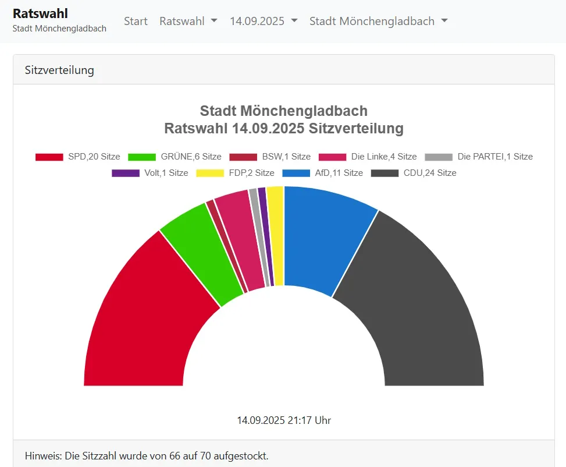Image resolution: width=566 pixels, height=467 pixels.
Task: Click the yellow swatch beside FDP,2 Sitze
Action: (x=210, y=173)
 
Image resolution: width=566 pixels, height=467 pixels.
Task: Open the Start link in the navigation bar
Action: (x=136, y=21)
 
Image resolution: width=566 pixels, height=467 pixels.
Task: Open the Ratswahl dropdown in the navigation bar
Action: (x=188, y=21)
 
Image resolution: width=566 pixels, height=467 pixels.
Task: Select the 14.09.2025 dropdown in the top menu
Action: (x=264, y=21)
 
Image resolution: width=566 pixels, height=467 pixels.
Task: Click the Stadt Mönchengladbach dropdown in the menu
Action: (x=378, y=21)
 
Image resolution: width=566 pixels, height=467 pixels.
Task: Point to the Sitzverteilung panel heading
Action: (x=59, y=70)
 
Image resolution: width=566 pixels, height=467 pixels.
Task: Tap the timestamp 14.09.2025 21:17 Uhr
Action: (x=284, y=420)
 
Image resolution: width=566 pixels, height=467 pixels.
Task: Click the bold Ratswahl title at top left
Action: (x=40, y=13)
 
